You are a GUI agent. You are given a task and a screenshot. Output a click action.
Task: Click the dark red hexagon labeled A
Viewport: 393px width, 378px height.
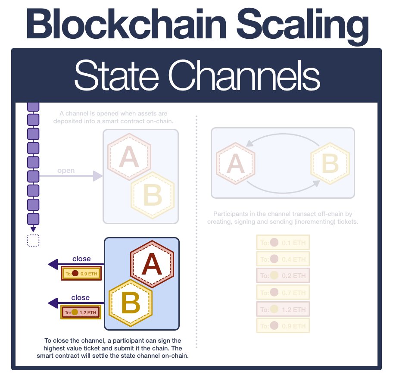tap(152, 264)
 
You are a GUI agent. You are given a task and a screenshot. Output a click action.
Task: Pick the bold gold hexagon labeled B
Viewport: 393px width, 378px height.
tap(131, 301)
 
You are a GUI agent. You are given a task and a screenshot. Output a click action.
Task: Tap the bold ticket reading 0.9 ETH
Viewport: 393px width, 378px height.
tap(81, 273)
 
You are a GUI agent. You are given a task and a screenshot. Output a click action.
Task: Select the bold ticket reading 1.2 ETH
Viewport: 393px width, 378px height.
tap(81, 312)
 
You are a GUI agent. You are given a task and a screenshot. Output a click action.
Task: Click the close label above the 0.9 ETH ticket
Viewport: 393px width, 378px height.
tap(81, 259)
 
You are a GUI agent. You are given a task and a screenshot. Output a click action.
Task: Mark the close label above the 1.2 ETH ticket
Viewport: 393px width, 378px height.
tap(81, 297)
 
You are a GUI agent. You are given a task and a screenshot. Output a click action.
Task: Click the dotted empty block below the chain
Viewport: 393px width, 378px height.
tap(33, 241)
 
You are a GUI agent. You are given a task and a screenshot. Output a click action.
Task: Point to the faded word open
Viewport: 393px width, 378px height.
tap(66, 171)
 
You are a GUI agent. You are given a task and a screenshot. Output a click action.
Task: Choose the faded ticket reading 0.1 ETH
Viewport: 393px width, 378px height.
tap(283, 243)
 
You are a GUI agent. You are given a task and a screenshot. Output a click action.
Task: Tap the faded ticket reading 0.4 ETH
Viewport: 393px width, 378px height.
tap(283, 259)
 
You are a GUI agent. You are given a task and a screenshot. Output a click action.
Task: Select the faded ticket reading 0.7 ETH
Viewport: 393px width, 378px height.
tap(283, 293)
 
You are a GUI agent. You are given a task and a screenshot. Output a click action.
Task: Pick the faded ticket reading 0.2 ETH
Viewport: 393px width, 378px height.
tap(283, 276)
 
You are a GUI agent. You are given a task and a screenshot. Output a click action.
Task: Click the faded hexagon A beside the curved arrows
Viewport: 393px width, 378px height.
tap(235, 163)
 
